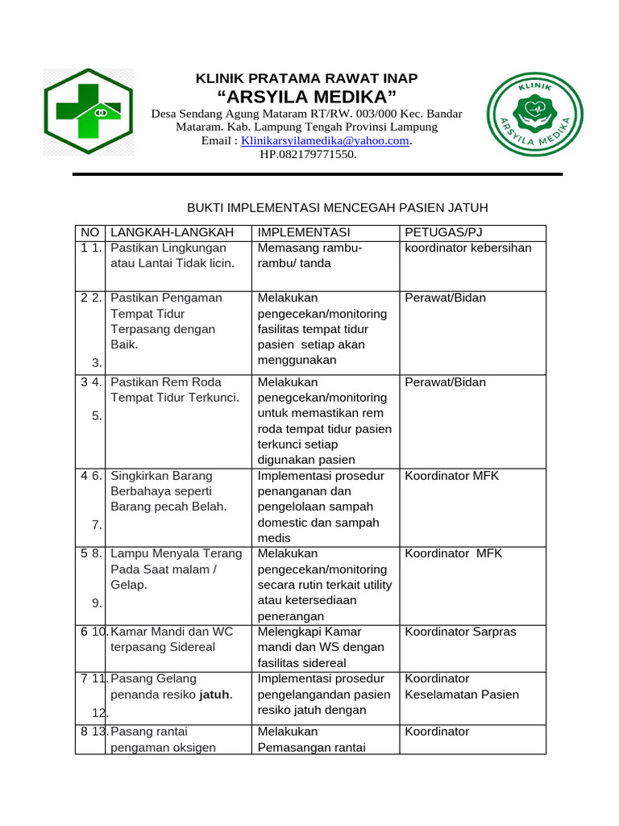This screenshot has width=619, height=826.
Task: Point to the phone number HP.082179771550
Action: point(308,154)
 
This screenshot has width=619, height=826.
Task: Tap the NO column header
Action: point(89,232)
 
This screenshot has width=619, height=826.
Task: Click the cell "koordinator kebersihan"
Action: point(468,248)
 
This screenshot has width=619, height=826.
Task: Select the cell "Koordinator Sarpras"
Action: point(460,632)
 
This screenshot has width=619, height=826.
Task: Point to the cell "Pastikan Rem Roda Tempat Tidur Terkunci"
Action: point(175,390)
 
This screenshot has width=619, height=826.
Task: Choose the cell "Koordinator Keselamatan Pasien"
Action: point(462,686)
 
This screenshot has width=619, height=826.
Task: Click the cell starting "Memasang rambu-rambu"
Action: point(310,256)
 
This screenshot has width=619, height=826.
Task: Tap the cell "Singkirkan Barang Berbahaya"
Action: point(168,491)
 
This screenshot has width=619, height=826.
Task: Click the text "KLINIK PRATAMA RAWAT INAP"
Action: point(307,78)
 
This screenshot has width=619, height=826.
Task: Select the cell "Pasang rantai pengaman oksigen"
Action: point(163,740)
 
